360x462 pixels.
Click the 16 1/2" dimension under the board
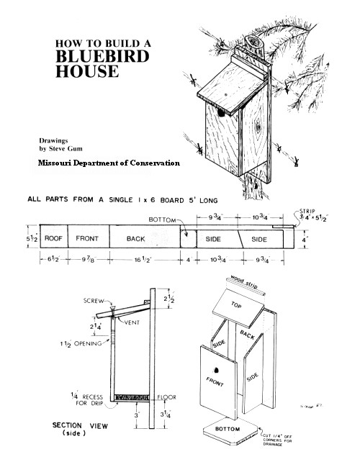pos(143,260)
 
